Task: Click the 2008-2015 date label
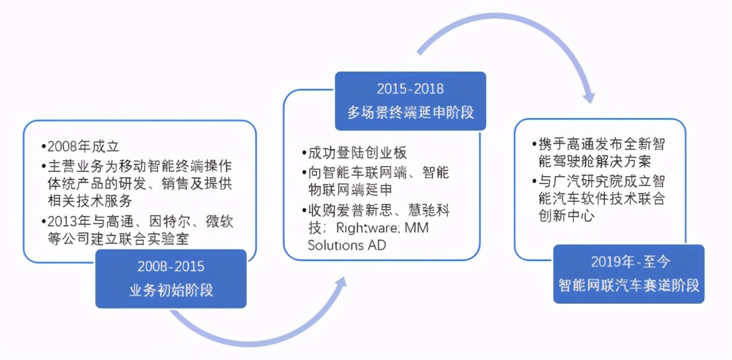tap(171, 267)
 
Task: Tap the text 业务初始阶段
tap(171, 290)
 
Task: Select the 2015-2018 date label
tap(410, 89)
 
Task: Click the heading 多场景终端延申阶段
tap(410, 112)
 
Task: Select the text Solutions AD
tap(346, 245)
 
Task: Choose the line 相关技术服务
tap(90, 202)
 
